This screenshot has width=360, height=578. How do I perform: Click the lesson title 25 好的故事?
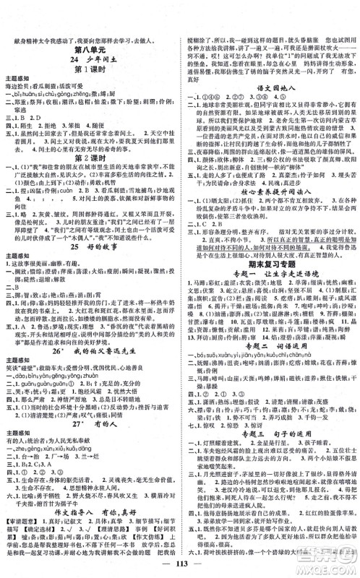[x=90, y=244]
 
